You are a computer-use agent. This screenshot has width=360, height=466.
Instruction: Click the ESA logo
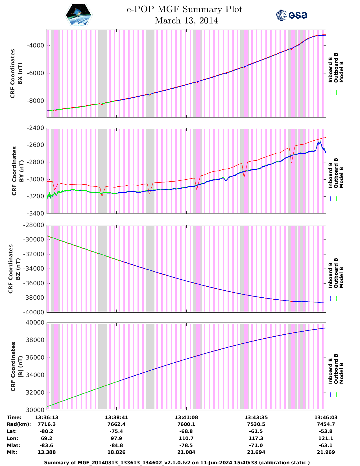point(291,15)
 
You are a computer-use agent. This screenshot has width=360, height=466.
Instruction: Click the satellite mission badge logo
point(78,15)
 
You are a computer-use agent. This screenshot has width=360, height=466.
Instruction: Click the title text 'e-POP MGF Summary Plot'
point(184,9)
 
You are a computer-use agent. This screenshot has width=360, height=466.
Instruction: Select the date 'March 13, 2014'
point(186,21)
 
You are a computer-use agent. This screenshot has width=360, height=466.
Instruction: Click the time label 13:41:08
point(186,417)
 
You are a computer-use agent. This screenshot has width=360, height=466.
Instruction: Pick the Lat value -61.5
point(256,431)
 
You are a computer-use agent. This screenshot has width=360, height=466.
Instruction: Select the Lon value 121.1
point(326,438)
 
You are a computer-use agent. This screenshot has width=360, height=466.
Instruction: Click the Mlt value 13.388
point(47,452)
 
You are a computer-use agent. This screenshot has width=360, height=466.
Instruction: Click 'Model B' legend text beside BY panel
point(341,177)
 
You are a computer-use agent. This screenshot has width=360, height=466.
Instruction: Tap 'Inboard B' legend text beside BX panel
point(330,69)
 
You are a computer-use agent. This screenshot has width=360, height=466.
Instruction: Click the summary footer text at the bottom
point(177,463)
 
